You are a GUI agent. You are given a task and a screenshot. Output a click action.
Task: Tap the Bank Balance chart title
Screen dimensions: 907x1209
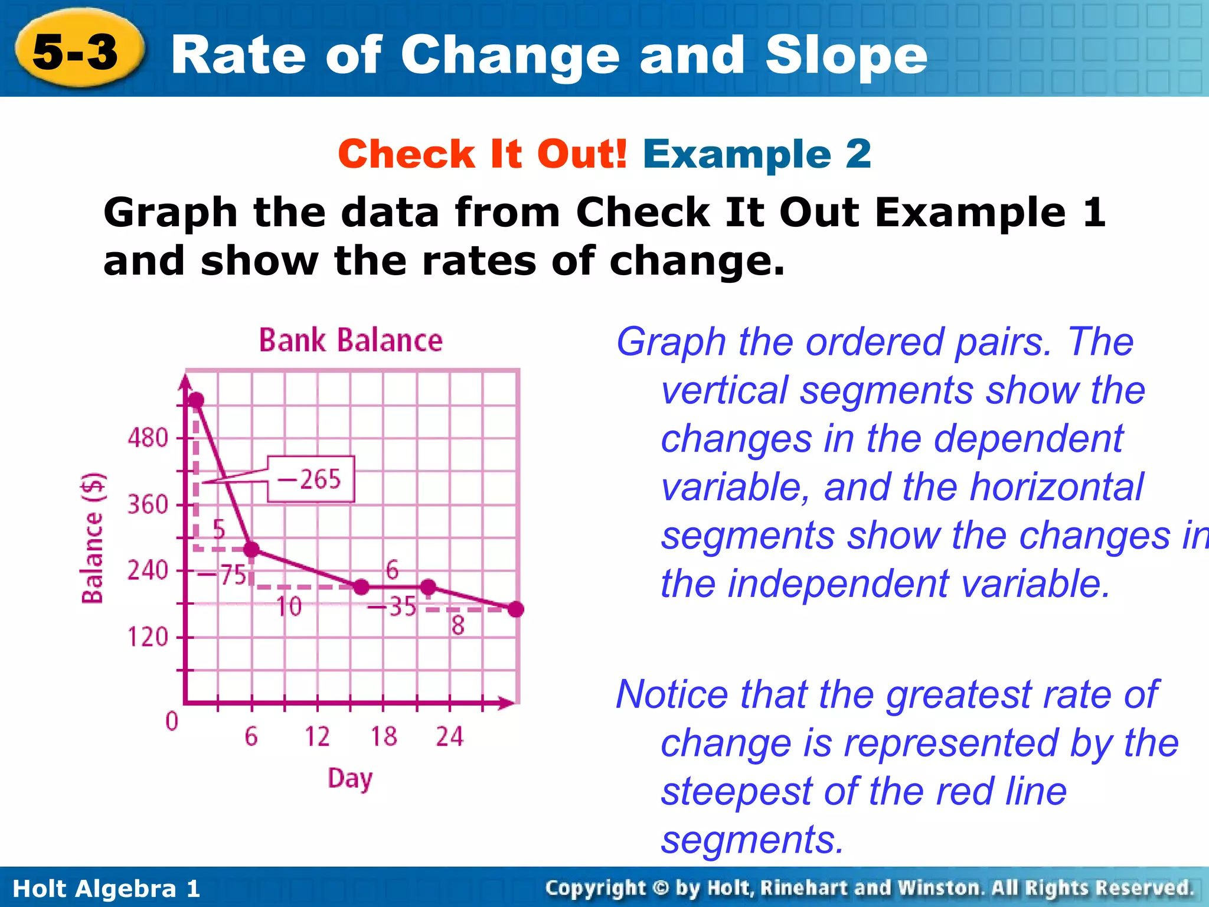[351, 341]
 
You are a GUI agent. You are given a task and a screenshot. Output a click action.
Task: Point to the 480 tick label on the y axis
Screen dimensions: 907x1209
[148, 438]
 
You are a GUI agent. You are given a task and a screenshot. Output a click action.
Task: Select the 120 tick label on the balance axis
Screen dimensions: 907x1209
[148, 637]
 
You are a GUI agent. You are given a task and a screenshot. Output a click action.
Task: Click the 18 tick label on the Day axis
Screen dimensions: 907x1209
[384, 736]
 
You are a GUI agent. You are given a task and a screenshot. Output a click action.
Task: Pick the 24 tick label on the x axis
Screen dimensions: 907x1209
[450, 736]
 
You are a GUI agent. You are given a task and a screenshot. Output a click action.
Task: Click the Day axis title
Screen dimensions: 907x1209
[350, 778]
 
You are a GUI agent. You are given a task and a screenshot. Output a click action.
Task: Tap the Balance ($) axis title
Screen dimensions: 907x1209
[93, 538]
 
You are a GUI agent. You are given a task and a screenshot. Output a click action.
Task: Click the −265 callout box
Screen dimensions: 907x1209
[311, 479]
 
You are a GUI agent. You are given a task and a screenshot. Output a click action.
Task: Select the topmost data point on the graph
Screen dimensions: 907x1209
[196, 401]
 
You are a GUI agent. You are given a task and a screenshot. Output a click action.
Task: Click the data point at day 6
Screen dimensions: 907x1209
[251, 549]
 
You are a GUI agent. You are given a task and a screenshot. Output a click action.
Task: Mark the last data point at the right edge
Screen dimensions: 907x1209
[516, 609]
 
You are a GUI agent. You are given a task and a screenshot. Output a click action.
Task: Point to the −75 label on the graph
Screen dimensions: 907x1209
[222, 575]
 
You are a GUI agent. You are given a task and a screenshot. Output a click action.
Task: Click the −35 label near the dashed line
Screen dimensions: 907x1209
[392, 606]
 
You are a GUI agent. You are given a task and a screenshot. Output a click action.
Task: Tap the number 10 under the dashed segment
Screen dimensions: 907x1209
[289, 606]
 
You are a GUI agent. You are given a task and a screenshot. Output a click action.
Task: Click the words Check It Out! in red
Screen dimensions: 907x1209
[482, 154]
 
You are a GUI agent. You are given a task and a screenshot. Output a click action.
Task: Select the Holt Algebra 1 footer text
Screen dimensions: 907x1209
[106, 889]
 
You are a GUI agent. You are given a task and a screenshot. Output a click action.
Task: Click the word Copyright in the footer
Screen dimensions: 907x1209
[596, 888]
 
